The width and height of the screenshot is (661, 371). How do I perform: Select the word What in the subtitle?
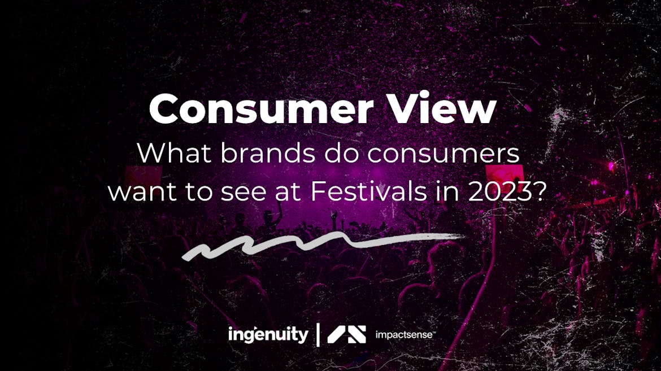coord(174,153)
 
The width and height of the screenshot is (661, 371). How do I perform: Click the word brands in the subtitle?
coord(267,153)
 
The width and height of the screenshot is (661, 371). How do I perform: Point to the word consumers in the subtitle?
coord(443,154)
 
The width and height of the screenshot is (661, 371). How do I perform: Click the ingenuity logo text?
coord(268,335)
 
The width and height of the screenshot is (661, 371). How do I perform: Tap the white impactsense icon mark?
coord(346,334)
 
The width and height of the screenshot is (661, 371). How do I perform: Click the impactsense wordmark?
coord(404,335)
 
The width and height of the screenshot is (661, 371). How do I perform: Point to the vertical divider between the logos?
coord(318,335)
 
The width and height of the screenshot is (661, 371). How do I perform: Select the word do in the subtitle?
coord(341,153)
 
